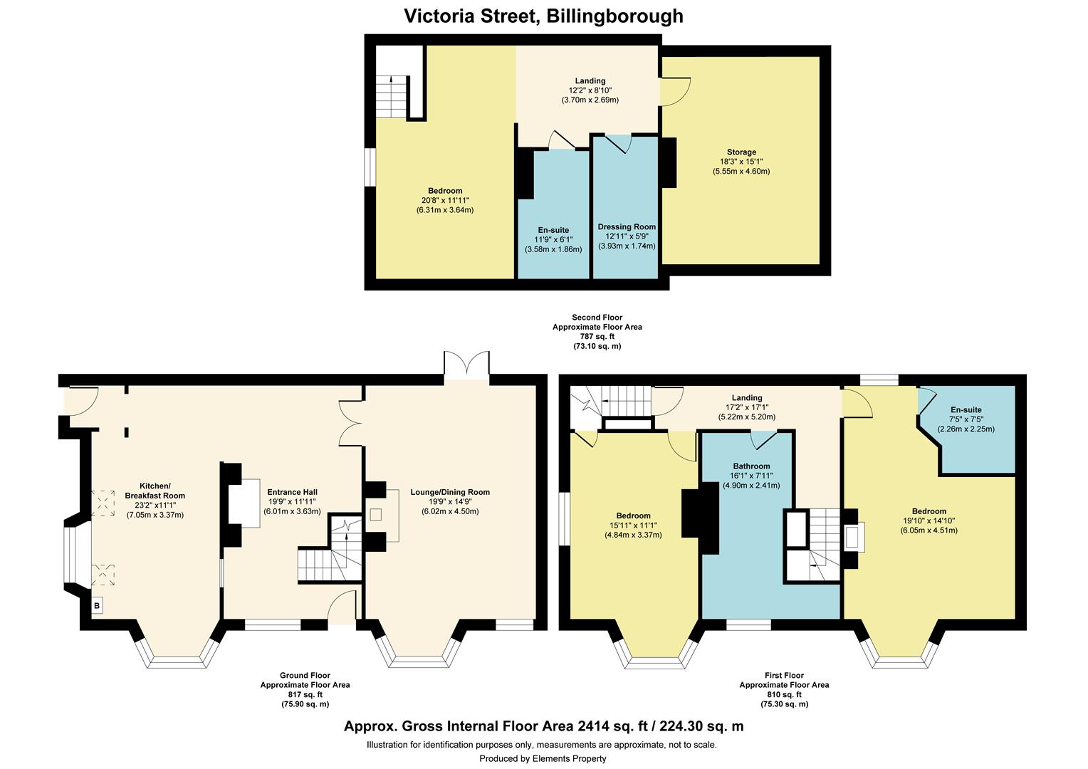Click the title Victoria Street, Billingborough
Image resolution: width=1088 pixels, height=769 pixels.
pos(543,16)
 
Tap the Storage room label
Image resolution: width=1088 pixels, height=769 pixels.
pos(741,152)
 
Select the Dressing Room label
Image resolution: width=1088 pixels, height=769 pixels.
pos(627,227)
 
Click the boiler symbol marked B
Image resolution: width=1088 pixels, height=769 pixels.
pos(97,606)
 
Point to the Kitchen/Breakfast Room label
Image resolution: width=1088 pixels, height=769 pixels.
pos(155,491)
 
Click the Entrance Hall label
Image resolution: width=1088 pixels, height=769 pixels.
pos(292,492)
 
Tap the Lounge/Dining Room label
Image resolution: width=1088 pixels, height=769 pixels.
pos(450,492)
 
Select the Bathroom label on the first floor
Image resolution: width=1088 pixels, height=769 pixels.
pos(747,466)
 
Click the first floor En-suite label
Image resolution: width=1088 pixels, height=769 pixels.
pos(966,410)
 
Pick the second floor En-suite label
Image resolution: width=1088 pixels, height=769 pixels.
pos(553,230)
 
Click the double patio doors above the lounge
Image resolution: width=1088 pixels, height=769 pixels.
pos(466,367)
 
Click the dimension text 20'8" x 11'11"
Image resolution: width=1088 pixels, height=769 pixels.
pos(445,200)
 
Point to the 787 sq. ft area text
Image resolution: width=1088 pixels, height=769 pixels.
pos(597,337)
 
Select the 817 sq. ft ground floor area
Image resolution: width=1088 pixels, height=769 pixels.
pos(305,694)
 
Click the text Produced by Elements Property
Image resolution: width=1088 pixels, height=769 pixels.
pos(543,758)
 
